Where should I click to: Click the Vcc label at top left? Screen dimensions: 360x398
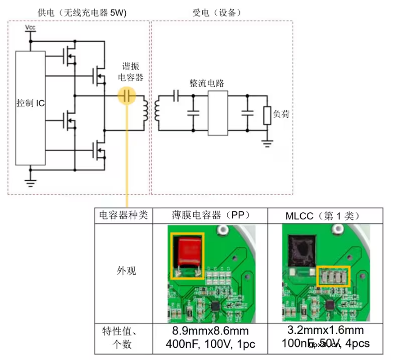click(x=31, y=28)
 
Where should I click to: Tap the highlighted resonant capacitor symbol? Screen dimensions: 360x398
click(x=127, y=95)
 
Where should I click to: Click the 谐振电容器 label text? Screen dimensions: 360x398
click(x=133, y=72)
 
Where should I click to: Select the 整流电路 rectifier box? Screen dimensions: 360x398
click(x=217, y=113)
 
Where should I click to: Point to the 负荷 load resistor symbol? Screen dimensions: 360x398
click(x=267, y=116)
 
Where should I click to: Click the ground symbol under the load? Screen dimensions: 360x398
click(x=267, y=144)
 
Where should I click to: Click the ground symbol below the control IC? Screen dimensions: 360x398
click(x=31, y=182)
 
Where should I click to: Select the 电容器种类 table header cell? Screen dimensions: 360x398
click(x=123, y=216)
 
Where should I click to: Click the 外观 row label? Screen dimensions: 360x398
click(x=123, y=271)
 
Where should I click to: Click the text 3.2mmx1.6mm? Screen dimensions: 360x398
click(x=326, y=330)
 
